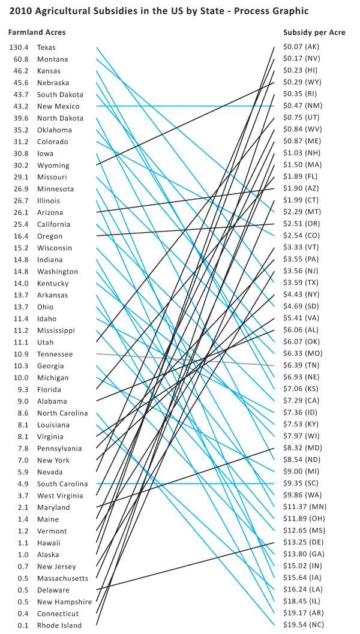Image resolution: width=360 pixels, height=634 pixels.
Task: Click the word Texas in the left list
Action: (x=47, y=47)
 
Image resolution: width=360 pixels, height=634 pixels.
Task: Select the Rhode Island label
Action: (x=59, y=626)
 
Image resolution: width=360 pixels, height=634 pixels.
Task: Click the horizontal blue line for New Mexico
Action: (x=180, y=106)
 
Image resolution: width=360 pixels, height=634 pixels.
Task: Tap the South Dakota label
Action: (x=60, y=95)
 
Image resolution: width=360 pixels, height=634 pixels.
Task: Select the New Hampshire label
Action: (x=64, y=602)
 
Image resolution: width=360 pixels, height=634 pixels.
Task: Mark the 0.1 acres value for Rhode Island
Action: (x=24, y=626)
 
